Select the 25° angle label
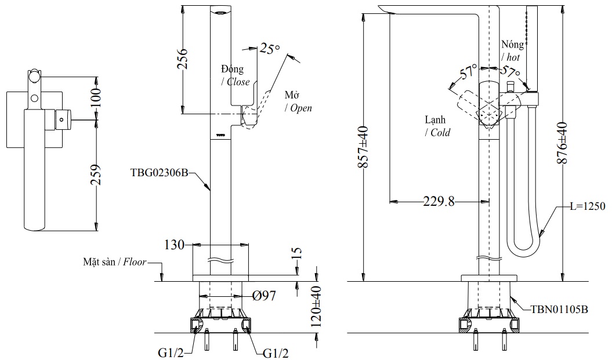click(270, 49)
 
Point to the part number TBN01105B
click(559, 310)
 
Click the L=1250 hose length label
click(587, 206)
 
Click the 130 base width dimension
click(174, 245)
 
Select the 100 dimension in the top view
click(96, 97)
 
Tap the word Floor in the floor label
click(135, 263)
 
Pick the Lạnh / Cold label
click(436, 126)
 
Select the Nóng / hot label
click(513, 51)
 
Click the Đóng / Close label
click(235, 75)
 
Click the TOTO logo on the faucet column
click(220, 134)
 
